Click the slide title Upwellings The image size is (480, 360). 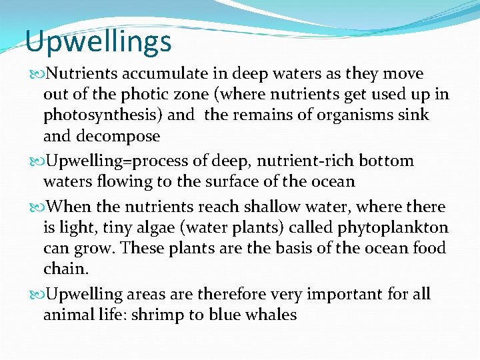tap(99, 42)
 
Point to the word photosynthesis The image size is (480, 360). tap(103, 115)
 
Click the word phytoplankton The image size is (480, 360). tap(393, 228)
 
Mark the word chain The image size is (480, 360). tap(65, 269)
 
